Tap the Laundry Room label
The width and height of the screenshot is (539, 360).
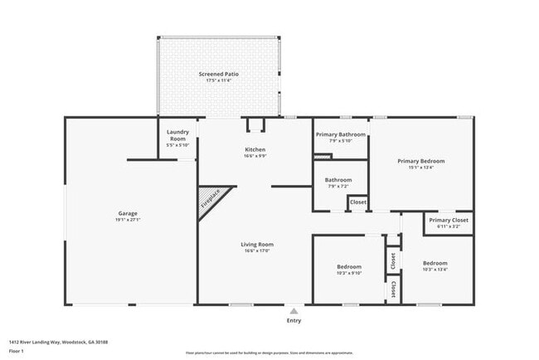click(x=177, y=135)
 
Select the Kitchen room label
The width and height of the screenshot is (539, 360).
click(x=255, y=149)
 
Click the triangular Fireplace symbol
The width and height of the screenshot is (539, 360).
click(x=210, y=199)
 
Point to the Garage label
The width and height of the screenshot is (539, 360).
click(x=128, y=213)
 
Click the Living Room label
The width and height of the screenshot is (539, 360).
click(x=257, y=244)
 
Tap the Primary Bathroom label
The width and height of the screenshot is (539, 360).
click(x=341, y=134)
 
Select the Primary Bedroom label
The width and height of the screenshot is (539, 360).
click(x=420, y=160)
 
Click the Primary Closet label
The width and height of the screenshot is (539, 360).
click(x=449, y=220)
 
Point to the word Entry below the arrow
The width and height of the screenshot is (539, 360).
click(x=294, y=320)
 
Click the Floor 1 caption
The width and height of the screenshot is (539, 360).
click(x=17, y=351)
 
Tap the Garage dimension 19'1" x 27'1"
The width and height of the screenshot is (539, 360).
click(x=128, y=220)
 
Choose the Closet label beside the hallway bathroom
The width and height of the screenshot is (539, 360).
click(x=358, y=202)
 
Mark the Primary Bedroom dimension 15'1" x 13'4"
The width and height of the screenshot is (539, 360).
click(x=420, y=167)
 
